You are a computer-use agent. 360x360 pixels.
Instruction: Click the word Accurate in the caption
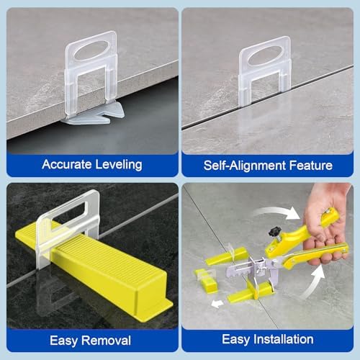click(66, 164)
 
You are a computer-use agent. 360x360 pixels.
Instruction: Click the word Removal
click(108, 338)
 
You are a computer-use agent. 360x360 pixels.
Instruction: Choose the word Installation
click(287, 338)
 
